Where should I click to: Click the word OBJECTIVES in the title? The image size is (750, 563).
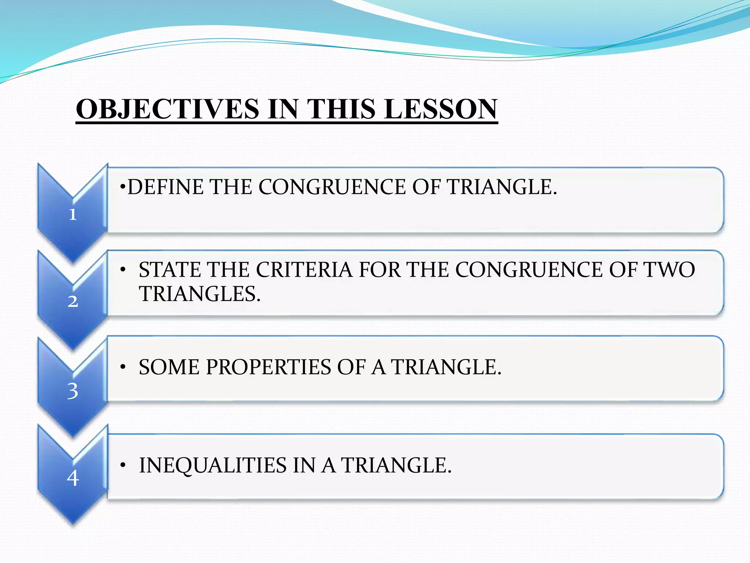167,109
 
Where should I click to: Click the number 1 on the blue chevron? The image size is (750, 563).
73,214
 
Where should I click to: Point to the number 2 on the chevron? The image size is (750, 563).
73,301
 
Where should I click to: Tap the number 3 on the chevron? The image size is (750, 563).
73,391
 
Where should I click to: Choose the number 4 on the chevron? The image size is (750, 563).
73,478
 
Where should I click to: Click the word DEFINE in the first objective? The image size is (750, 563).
165,187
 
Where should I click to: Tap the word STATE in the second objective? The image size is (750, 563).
170,270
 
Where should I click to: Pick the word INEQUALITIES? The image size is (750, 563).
213,466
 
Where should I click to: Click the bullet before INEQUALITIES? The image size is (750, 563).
123,466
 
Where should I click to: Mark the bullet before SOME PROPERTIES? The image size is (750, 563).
123,367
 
